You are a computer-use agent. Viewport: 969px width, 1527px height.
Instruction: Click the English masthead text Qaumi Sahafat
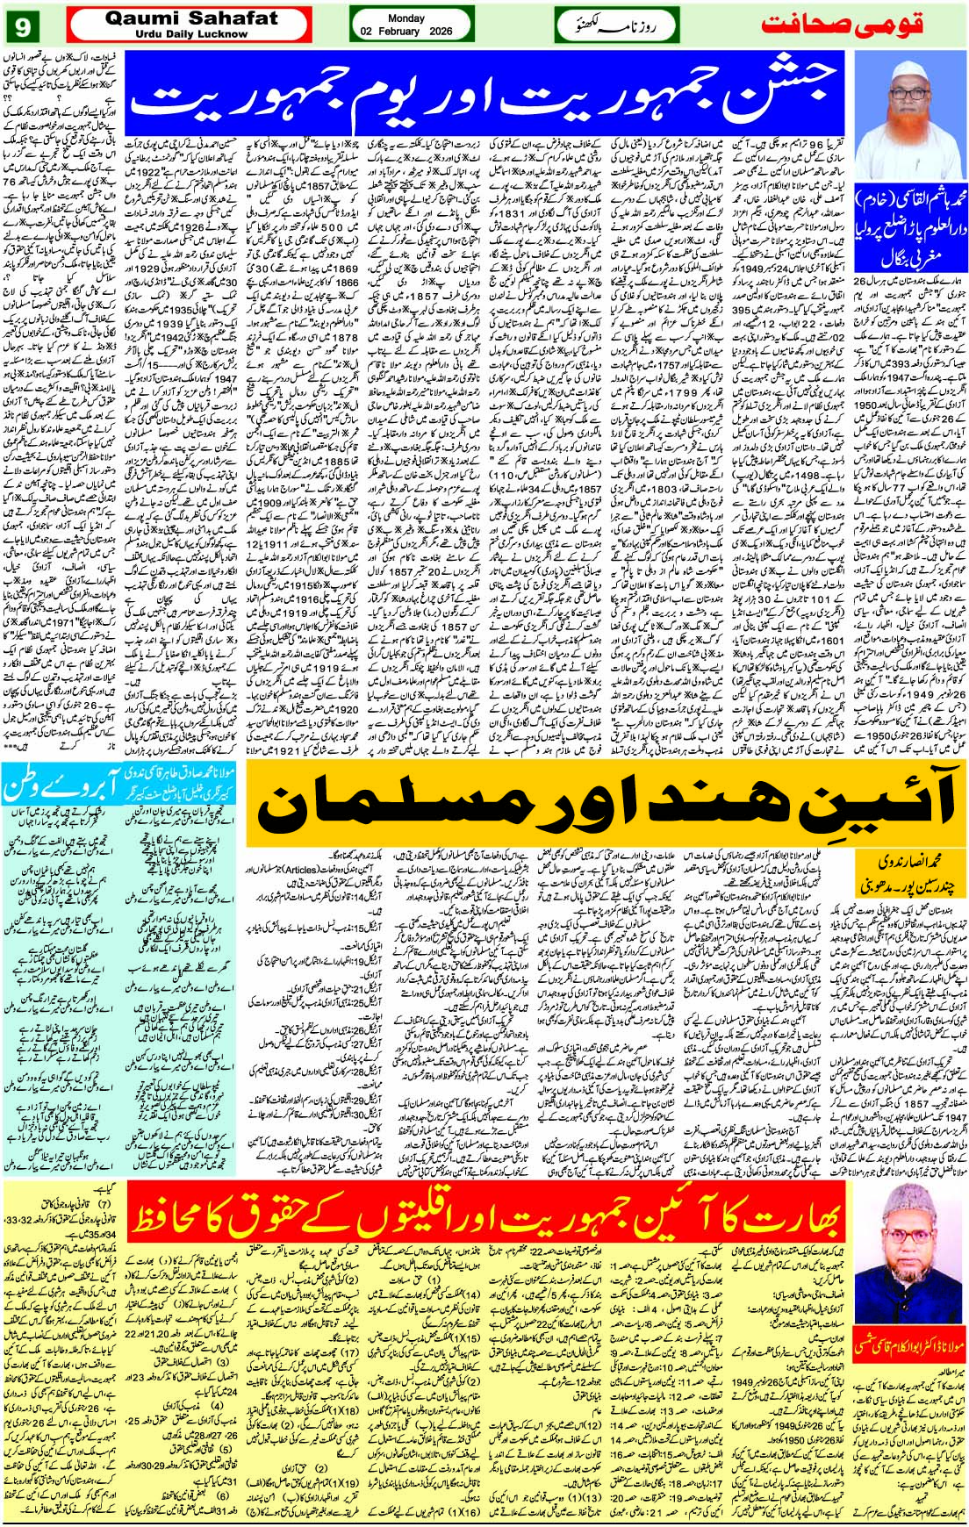coord(190,18)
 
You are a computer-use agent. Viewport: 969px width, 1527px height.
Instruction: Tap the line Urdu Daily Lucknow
coord(191,34)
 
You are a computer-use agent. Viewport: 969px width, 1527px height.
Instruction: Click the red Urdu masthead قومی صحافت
coord(842,24)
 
